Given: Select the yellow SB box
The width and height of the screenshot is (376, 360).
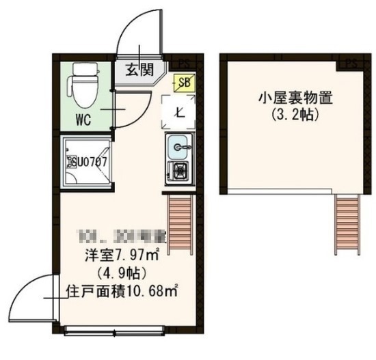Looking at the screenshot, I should click(184, 83).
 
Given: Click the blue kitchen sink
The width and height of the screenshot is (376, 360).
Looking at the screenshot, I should click(180, 146).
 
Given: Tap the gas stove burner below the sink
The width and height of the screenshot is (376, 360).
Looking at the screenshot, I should click(180, 171).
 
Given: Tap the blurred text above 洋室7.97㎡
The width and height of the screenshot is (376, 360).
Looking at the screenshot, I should click(114, 239).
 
